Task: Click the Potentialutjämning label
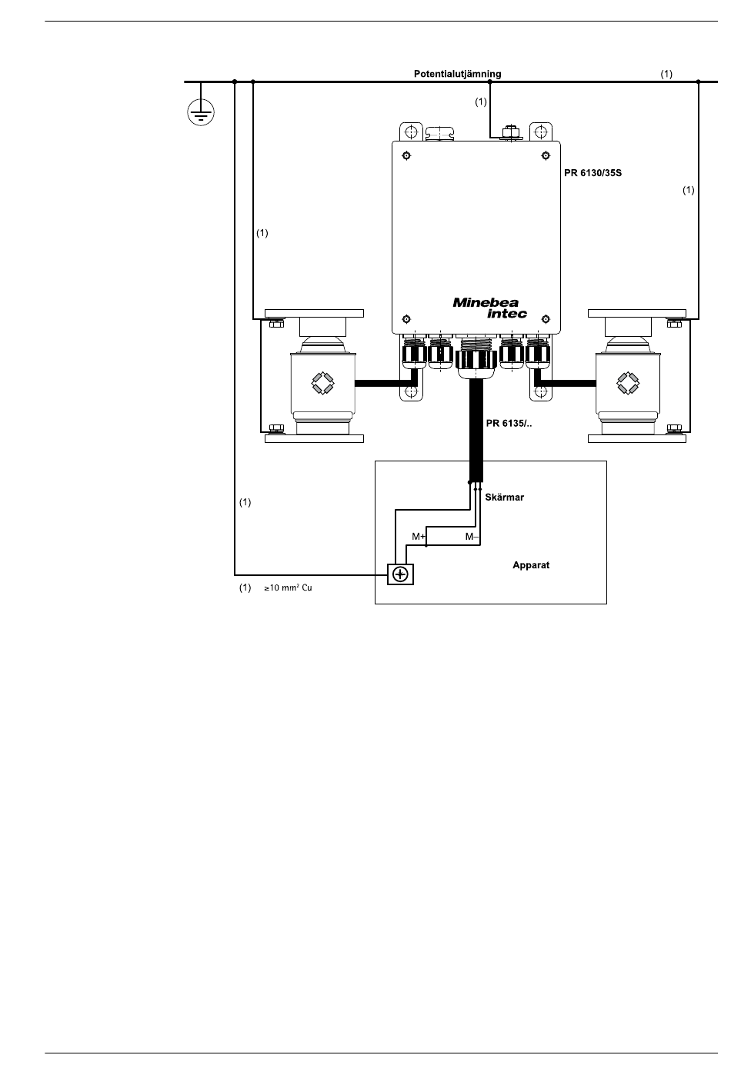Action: [x=457, y=74]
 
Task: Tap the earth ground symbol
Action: [x=201, y=113]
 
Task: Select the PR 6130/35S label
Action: [x=592, y=173]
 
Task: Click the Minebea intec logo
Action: [x=489, y=308]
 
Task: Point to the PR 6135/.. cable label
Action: [x=509, y=423]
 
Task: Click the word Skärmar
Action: [x=504, y=498]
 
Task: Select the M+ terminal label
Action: [x=419, y=537]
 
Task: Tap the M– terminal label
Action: [x=472, y=537]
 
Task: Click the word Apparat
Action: [x=531, y=565]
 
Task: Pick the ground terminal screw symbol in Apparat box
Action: [x=400, y=574]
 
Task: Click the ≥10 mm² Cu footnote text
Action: [x=288, y=588]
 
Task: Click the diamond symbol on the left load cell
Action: [x=322, y=384]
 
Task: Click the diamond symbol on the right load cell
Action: [x=628, y=384]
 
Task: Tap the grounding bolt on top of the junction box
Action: [x=510, y=132]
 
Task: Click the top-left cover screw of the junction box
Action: [x=406, y=155]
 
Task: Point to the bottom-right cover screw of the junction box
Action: [x=546, y=319]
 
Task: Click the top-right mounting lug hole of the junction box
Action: [x=541, y=131]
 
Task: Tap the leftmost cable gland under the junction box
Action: [x=413, y=352]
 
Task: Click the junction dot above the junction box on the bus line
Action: [x=489, y=82]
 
